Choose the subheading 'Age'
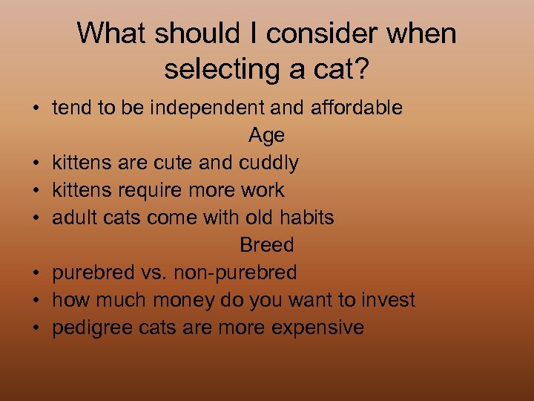(x=266, y=135)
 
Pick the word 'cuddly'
(x=269, y=163)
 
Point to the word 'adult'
(x=73, y=218)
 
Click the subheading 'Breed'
(x=266, y=245)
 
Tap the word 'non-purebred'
(x=235, y=273)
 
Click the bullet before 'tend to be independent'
(x=36, y=108)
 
